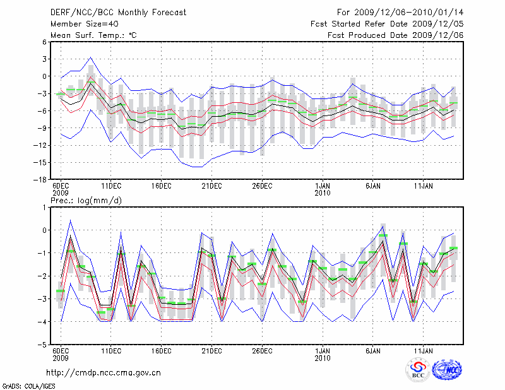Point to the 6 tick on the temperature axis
coord(44,42)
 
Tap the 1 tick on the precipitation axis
coord(45,207)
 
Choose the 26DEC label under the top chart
coord(261,186)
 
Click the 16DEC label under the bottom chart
coord(161,351)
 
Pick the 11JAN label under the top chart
coord(423,186)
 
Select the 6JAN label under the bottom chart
coord(373,351)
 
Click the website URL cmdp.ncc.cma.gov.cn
coord(104,372)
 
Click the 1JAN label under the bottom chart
coord(323,351)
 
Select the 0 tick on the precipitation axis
coord(45,230)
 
